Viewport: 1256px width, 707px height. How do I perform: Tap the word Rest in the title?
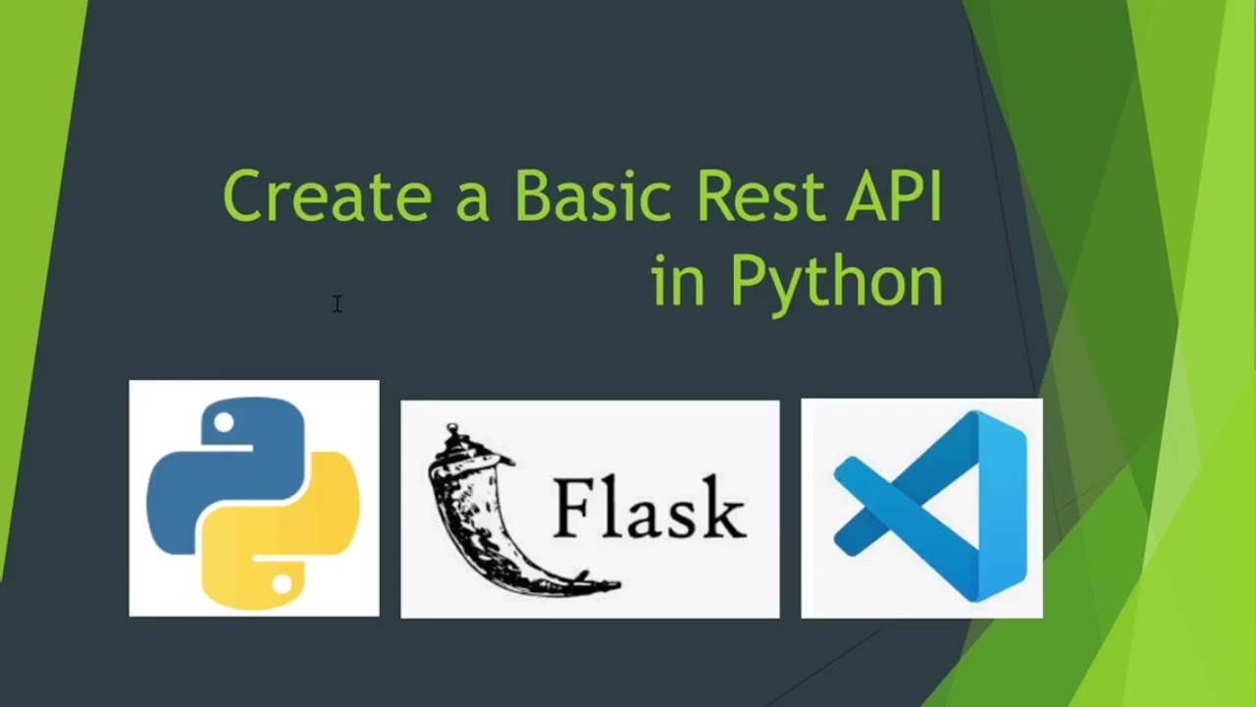pyautogui.click(x=759, y=195)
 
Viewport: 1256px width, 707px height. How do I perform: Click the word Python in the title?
pyautogui.click(x=836, y=282)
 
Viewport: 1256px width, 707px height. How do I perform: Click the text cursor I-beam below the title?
pyautogui.click(x=337, y=304)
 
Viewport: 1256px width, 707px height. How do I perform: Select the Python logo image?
pyautogui.click(x=253, y=499)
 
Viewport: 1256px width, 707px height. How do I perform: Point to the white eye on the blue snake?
pyautogui.click(x=224, y=423)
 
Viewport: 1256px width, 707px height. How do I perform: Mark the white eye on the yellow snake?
pyautogui.click(x=283, y=584)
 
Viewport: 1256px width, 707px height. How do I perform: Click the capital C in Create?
pyautogui.click(x=244, y=195)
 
